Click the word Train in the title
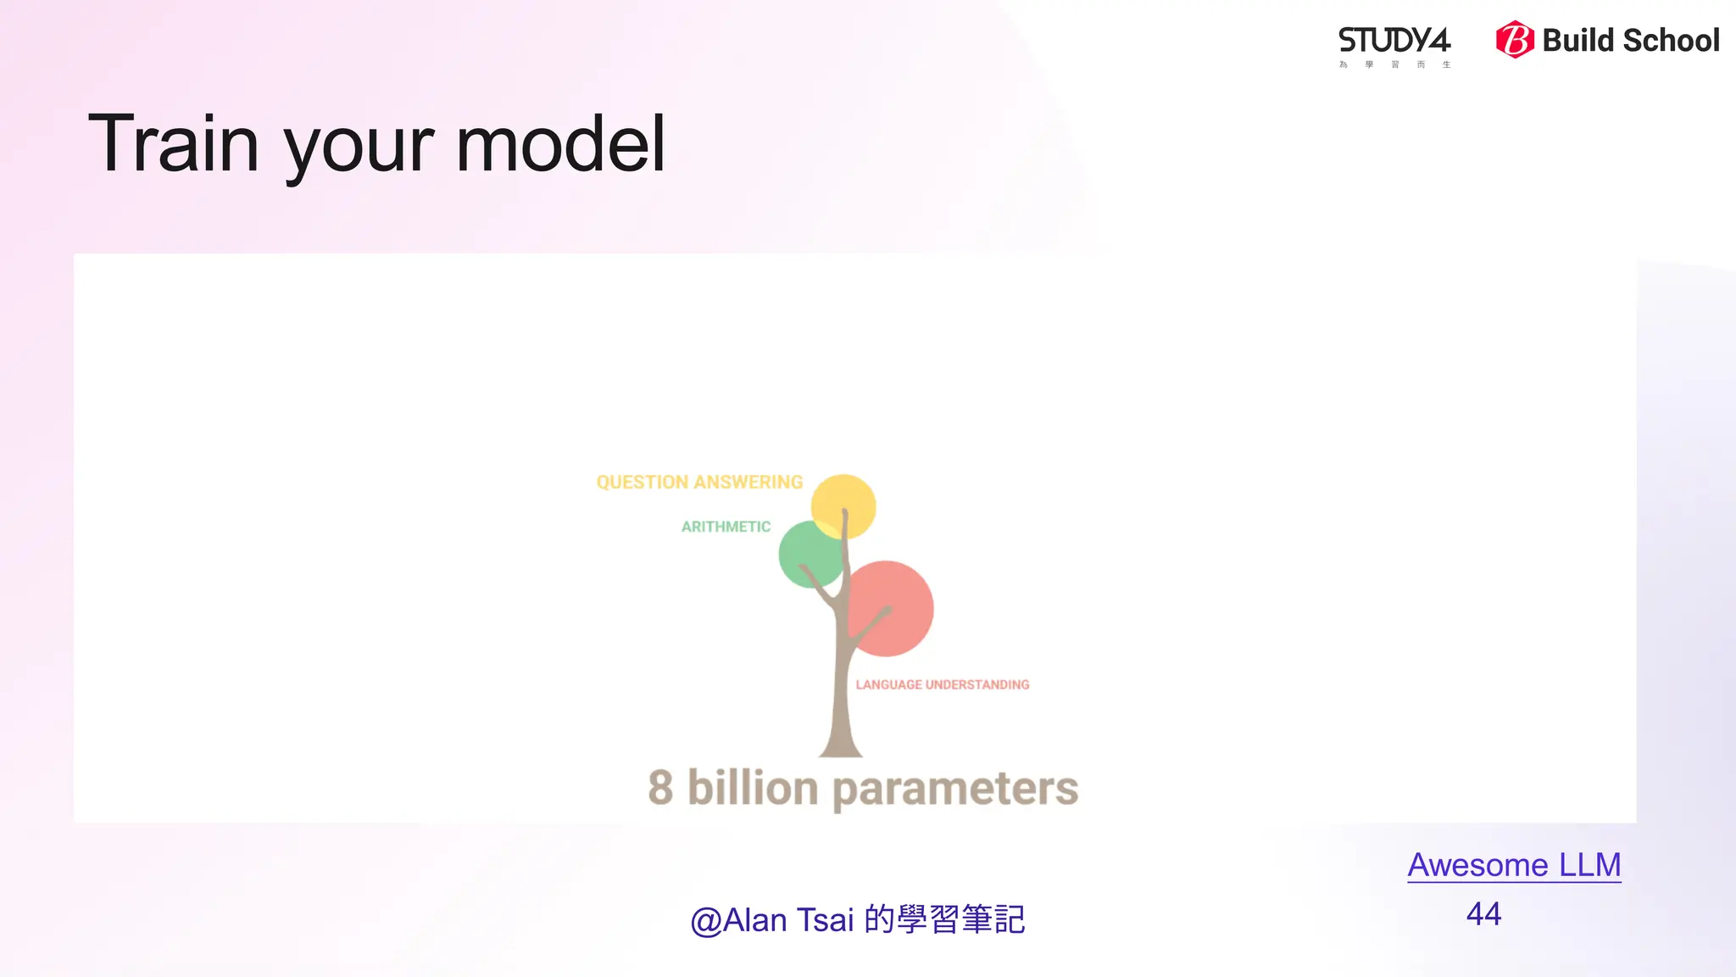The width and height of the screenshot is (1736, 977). (x=174, y=144)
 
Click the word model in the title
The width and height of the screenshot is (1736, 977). (x=560, y=144)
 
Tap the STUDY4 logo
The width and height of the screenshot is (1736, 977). (x=1394, y=42)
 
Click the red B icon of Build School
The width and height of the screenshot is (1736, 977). (x=1515, y=40)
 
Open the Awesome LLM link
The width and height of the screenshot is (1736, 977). (x=1514, y=865)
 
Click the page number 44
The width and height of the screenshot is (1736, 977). (x=1483, y=914)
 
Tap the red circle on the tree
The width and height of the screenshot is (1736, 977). (x=894, y=606)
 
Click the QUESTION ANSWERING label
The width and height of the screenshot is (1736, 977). (x=699, y=483)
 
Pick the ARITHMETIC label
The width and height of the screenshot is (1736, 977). (x=726, y=527)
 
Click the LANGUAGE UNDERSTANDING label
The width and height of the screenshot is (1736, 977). (x=942, y=684)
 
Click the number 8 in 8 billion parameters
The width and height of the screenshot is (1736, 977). (x=660, y=788)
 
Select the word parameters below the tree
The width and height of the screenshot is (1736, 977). (x=955, y=790)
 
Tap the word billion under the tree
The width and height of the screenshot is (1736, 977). (x=752, y=788)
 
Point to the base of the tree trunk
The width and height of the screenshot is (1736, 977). (x=840, y=746)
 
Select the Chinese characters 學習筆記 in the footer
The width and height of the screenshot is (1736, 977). (x=961, y=920)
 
